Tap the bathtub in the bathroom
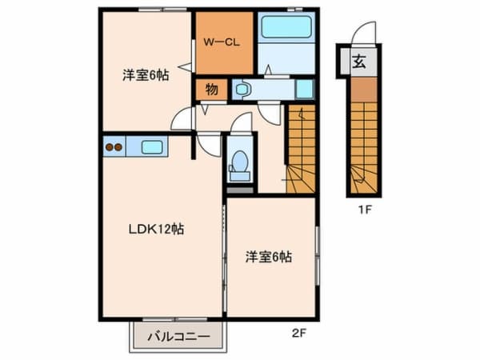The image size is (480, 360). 286,27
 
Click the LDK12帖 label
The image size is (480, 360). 158,229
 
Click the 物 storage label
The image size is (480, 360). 211,89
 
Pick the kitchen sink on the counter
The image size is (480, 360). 152,146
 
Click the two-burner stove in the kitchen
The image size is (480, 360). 114,146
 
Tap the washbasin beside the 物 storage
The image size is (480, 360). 243,90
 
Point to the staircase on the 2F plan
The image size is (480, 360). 301,148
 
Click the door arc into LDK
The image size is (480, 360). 210,145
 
